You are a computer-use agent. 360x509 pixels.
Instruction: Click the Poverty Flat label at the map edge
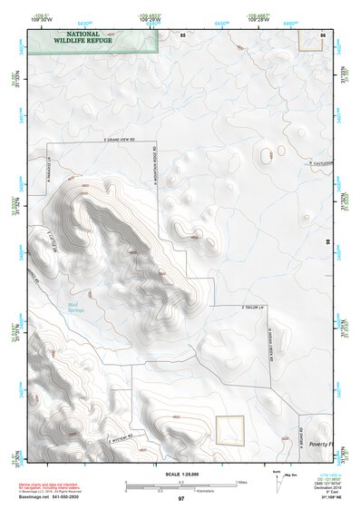pos(321,445)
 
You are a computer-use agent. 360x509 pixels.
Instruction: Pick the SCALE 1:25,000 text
pos(180,475)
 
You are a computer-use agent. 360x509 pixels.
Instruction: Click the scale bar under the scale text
pos(180,486)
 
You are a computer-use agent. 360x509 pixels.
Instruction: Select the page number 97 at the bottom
pos(180,499)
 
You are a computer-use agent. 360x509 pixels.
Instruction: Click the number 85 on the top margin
pos(184,34)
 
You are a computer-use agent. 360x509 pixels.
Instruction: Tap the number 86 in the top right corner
pos(323,34)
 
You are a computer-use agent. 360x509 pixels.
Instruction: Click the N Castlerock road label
pos(320,163)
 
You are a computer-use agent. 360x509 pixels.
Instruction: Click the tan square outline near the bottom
pos(231,429)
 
